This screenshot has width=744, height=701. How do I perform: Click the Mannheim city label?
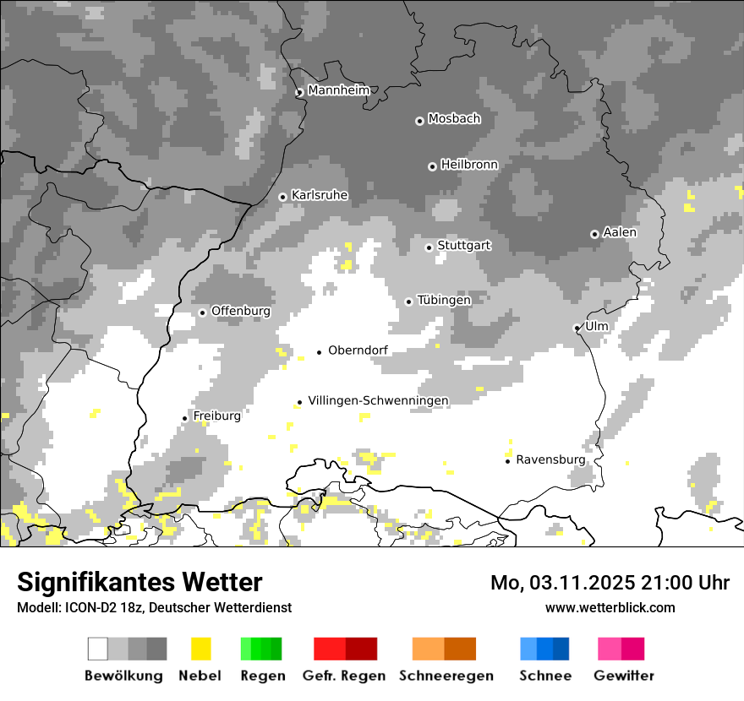(340, 90)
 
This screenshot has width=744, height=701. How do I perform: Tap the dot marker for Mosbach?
(419, 121)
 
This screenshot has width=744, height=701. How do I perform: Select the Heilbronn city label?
(469, 165)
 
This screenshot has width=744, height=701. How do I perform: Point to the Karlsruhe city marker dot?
(283, 197)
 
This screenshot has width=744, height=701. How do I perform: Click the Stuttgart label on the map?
(464, 246)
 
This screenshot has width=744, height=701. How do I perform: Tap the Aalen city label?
(620, 232)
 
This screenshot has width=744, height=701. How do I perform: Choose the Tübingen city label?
(444, 300)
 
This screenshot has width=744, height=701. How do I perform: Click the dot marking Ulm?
(577, 328)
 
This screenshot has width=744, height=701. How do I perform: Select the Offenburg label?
(241, 311)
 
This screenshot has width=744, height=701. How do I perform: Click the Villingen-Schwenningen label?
(378, 400)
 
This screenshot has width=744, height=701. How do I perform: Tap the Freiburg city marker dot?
(184, 418)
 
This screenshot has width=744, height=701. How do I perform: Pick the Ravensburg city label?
(550, 459)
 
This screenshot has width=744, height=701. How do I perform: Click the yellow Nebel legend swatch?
(200, 649)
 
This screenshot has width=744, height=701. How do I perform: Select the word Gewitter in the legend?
(624, 676)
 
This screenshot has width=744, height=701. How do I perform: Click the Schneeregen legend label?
(446, 676)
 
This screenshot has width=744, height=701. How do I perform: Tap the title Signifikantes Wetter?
(139, 582)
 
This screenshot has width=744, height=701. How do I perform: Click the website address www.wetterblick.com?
(610, 607)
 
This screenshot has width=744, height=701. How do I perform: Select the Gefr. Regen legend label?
(344, 676)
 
